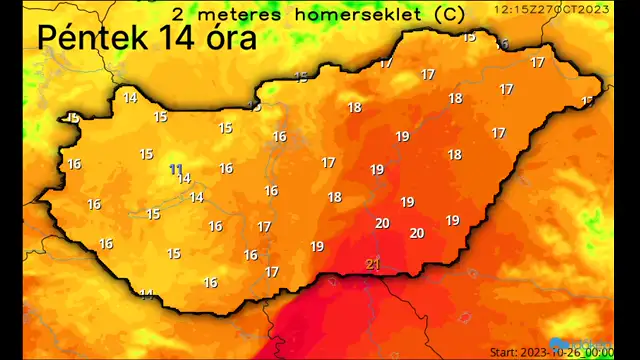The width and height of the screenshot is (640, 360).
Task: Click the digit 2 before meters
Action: coord(178,14)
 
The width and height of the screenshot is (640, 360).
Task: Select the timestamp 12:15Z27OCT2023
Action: coord(552,8)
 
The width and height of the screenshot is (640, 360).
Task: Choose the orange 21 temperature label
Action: coord(373,264)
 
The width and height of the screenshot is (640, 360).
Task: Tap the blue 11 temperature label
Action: coord(176,169)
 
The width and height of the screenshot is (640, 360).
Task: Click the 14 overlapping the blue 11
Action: coord(184,179)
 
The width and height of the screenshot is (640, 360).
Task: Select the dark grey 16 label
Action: coord(502,44)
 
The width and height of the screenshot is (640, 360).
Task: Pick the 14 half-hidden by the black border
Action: coord(147,294)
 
